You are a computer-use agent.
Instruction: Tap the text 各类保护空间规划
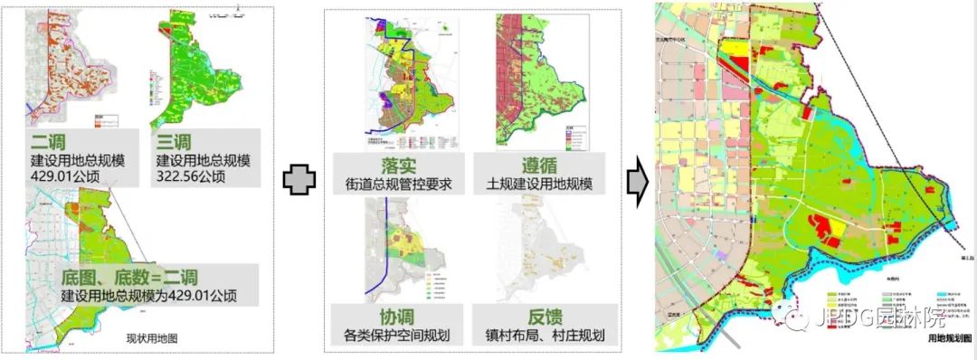(x=398, y=336)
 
